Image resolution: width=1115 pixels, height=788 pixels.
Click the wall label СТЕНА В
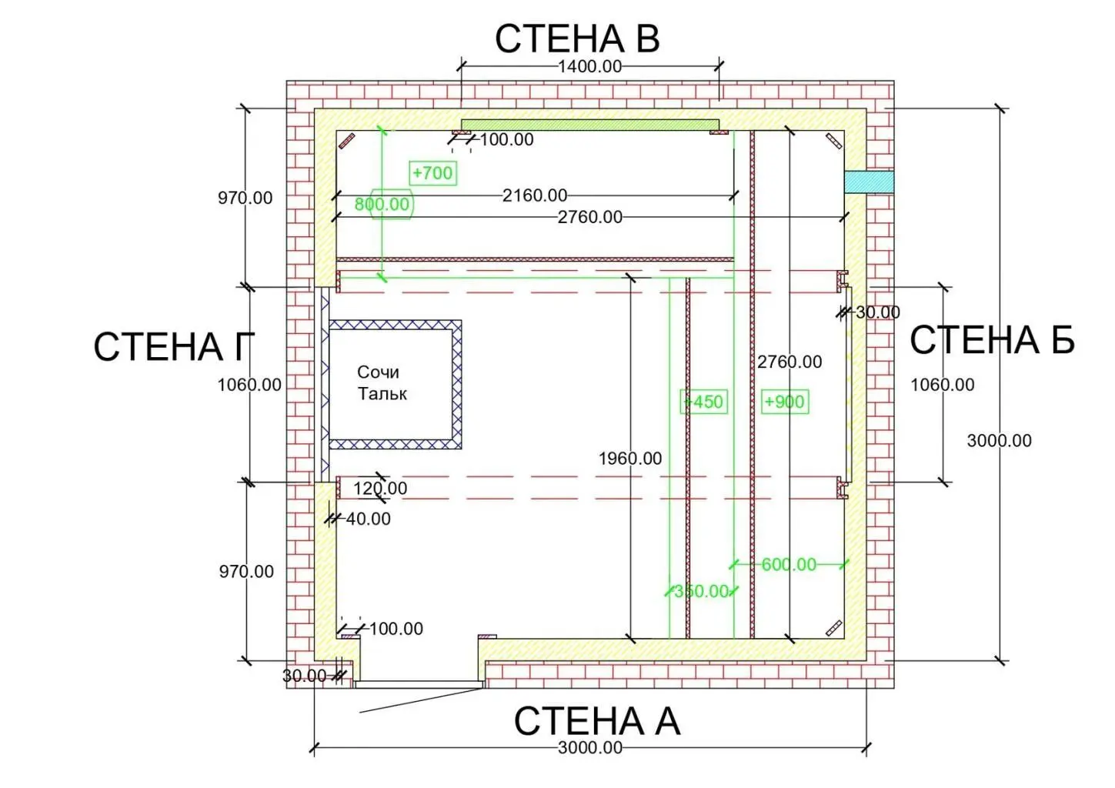pyautogui.click(x=577, y=38)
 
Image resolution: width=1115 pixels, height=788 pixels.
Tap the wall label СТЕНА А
pyautogui.click(x=596, y=721)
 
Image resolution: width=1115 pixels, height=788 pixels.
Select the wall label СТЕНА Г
pyautogui.click(x=173, y=346)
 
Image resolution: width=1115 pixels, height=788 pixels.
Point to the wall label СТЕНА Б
pyautogui.click(x=992, y=340)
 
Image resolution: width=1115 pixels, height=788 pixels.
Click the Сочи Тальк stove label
pyautogui.click(x=381, y=382)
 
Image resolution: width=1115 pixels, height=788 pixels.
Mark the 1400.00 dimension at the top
pyautogui.click(x=589, y=66)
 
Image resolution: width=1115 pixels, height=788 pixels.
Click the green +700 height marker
pyautogui.click(x=432, y=173)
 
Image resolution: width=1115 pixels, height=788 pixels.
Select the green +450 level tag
pyautogui.click(x=704, y=402)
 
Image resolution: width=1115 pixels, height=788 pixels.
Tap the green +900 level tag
pyautogui.click(x=784, y=402)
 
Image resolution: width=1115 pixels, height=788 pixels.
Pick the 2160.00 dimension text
pyautogui.click(x=535, y=195)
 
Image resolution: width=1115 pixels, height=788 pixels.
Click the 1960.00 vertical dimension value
pyautogui.click(x=629, y=459)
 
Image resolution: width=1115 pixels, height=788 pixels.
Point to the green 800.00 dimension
pyautogui.click(x=382, y=204)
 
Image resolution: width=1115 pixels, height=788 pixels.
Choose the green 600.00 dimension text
pyautogui.click(x=789, y=564)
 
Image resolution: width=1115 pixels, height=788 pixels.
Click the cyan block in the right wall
pyautogui.click(x=868, y=182)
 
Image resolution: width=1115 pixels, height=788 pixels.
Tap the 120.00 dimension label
pyautogui.click(x=380, y=488)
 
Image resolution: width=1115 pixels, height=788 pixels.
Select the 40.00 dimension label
pyautogui.click(x=368, y=519)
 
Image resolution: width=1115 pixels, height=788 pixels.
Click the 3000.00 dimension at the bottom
pyautogui.click(x=589, y=747)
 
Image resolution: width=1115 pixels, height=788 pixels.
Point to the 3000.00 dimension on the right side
pyautogui.click(x=999, y=441)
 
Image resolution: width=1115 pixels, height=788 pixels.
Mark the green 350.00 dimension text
pyautogui.click(x=701, y=591)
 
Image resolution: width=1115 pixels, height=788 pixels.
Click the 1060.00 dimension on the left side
pyautogui.click(x=249, y=385)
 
